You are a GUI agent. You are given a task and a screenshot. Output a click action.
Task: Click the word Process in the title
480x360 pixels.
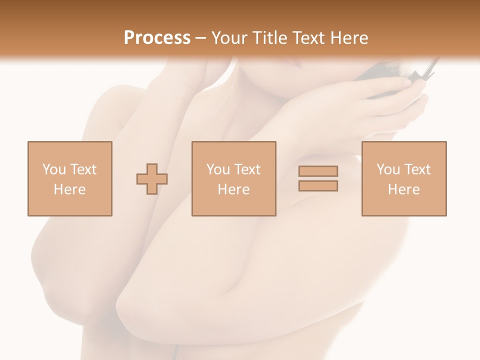[x=157, y=38]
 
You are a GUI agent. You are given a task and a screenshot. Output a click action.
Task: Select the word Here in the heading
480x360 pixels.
[x=349, y=38]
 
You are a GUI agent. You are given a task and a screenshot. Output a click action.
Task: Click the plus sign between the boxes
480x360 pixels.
[x=152, y=178]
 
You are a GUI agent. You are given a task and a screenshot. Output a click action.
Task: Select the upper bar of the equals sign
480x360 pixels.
[x=318, y=171]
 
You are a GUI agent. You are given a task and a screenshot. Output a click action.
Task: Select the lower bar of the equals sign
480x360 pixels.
[x=318, y=185]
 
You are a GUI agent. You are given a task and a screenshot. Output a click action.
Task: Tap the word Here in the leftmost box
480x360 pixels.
[x=69, y=189]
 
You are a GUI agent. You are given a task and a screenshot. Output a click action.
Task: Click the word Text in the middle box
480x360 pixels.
[x=247, y=169]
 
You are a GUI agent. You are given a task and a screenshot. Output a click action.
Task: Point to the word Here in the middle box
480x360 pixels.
[x=233, y=189]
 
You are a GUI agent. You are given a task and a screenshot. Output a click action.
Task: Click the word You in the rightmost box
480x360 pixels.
[x=387, y=169]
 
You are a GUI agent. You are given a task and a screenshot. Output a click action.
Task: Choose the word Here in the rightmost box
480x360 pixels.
[x=403, y=189]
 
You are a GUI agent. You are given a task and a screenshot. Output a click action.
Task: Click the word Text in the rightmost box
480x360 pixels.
[x=417, y=169]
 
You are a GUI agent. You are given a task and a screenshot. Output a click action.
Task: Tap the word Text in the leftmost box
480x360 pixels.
[x=83, y=169]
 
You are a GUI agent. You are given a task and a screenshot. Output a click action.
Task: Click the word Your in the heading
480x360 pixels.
[x=230, y=38]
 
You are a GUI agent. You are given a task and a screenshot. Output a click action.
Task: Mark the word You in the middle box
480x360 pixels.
[x=217, y=169]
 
